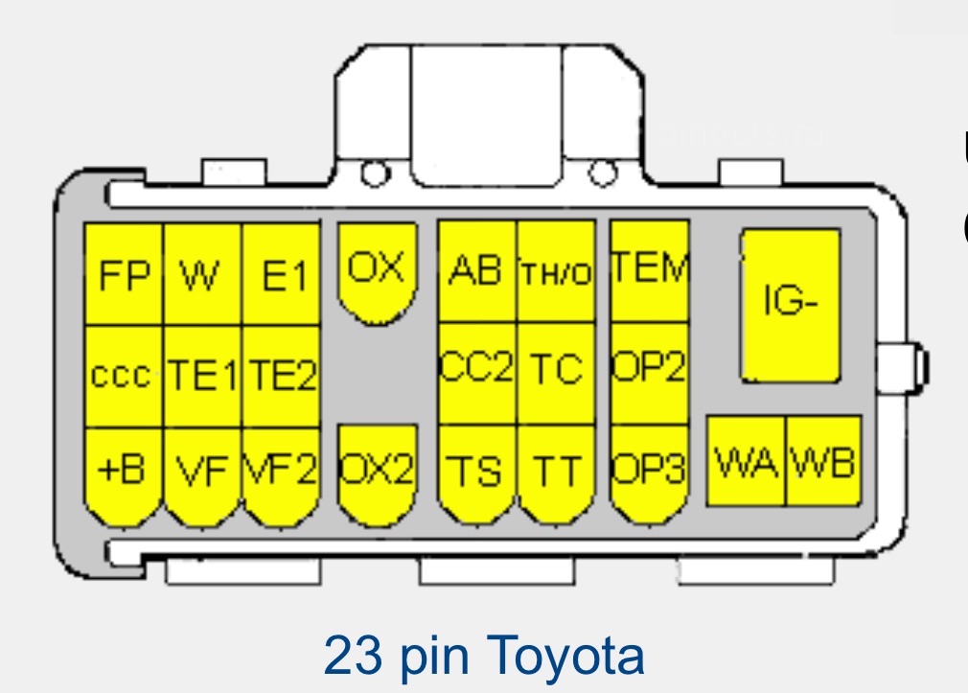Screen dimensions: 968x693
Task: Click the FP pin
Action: pyautogui.click(x=124, y=274)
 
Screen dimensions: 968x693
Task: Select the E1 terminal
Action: pyautogui.click(x=282, y=274)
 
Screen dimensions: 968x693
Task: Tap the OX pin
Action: pyautogui.click(x=378, y=272)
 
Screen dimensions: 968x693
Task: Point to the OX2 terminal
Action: pyautogui.click(x=378, y=473)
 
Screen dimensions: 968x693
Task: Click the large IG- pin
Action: pyautogui.click(x=791, y=305)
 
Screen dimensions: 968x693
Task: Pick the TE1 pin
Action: pyautogui.click(x=202, y=376)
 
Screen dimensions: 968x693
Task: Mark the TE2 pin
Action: pyautogui.click(x=282, y=376)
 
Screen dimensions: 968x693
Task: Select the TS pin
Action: pyautogui.click(x=477, y=473)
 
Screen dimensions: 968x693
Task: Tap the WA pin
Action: pyautogui.click(x=746, y=461)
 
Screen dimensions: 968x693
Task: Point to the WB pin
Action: pyautogui.click(x=823, y=461)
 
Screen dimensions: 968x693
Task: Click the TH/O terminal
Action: pyautogui.click(x=556, y=271)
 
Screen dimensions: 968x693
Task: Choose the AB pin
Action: pyautogui.click(x=477, y=271)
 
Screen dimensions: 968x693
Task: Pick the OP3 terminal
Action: pyautogui.click(x=650, y=473)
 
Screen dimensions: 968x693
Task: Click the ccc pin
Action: pyautogui.click(x=124, y=376)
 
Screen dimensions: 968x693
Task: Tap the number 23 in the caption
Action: pyautogui.click(x=353, y=656)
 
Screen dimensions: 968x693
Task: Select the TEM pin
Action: pyautogui.click(x=650, y=271)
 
